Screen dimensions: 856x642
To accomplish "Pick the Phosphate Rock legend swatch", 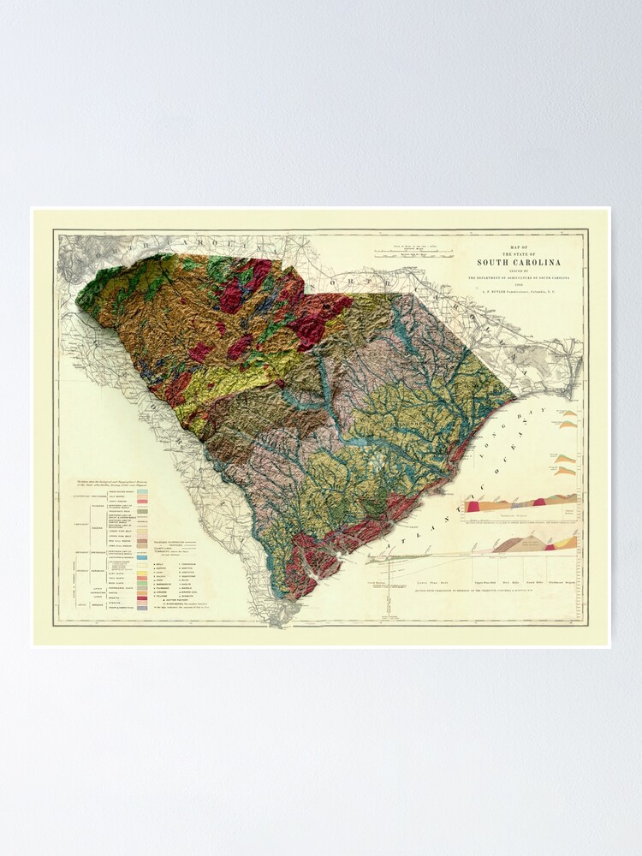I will point(142,512).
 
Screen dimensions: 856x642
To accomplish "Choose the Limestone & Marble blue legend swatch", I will point(142,557).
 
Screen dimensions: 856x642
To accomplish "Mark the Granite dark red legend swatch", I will point(142,597).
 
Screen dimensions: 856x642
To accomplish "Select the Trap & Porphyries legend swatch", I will point(142,607).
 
